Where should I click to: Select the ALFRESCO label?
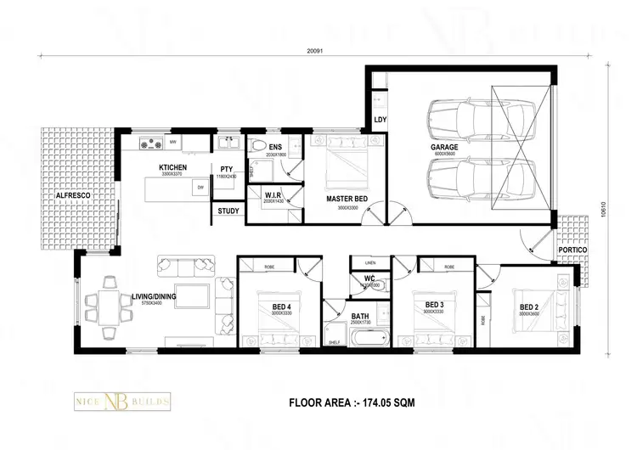point(73,195)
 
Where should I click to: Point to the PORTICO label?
point(572,250)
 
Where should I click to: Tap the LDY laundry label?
point(380,120)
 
